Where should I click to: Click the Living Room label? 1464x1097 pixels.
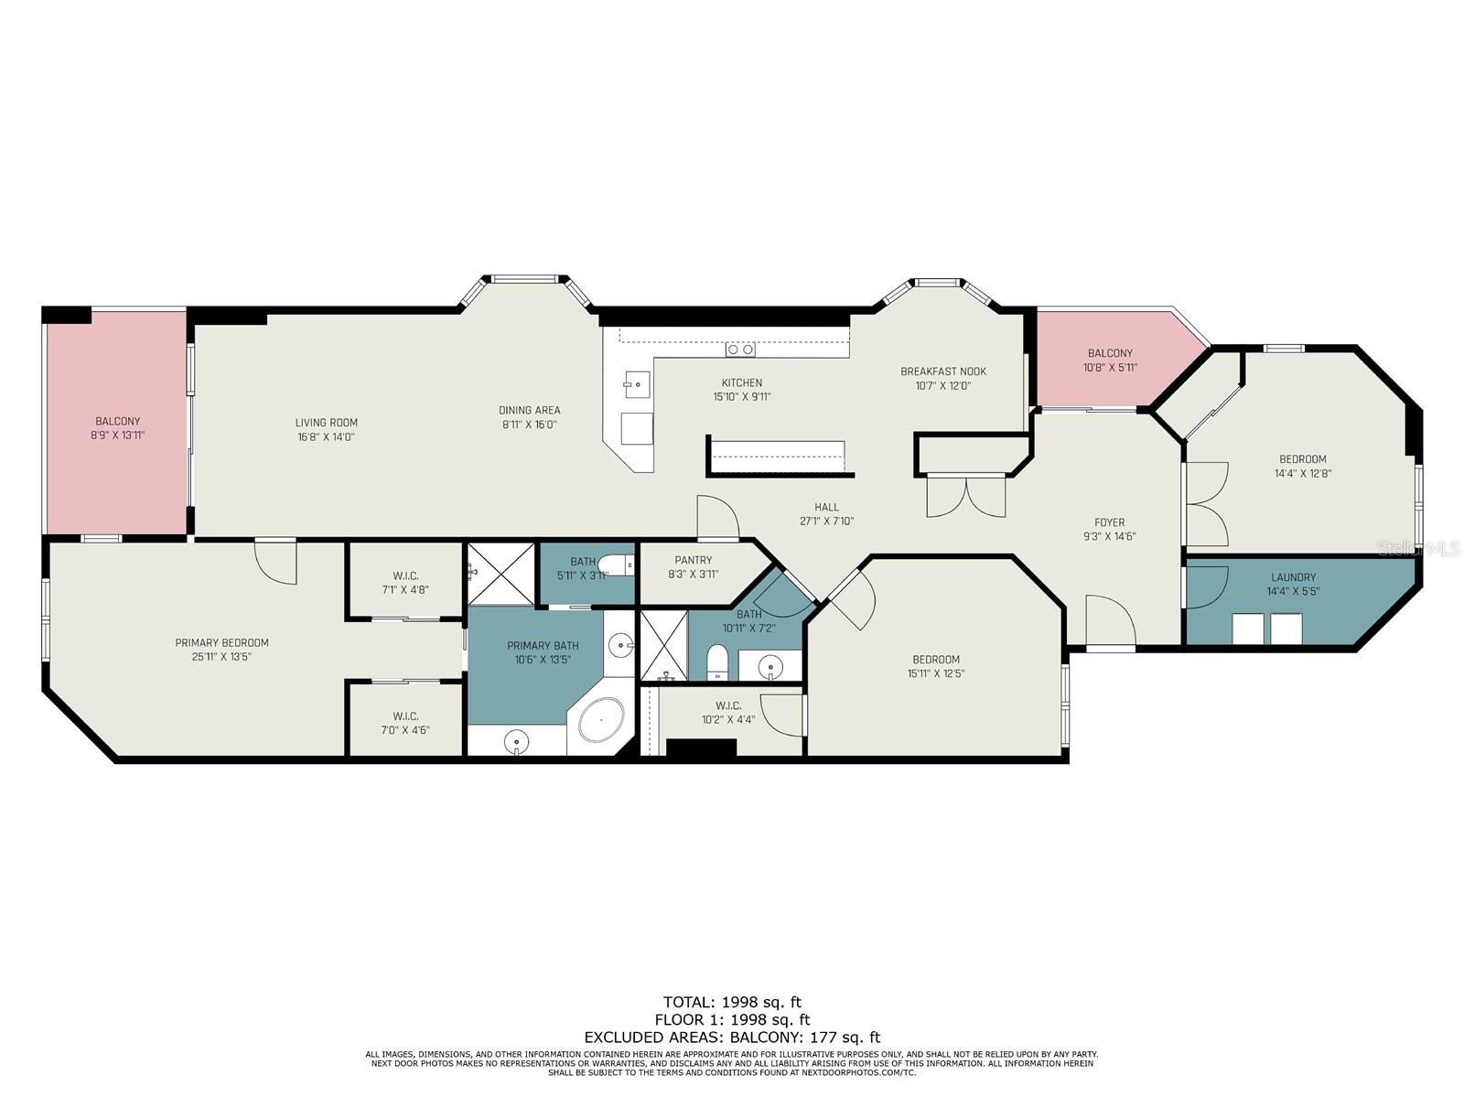pos(326,422)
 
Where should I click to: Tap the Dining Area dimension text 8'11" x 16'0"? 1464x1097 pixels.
pos(529,425)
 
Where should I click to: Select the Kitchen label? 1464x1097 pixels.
pos(742,382)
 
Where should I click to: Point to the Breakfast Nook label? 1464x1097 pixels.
pos(943,371)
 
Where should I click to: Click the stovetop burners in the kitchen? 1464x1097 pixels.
pos(740,350)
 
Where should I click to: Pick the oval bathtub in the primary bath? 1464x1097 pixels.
pos(601,720)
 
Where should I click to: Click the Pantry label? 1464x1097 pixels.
pos(693,560)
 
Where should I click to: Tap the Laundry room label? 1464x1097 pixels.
pos(1293,577)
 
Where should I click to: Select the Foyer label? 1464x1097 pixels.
pos(1109,522)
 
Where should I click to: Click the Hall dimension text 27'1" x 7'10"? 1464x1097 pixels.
pos(826,522)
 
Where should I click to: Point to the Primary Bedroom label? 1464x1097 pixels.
pos(221,643)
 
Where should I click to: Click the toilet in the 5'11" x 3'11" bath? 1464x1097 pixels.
pos(617,565)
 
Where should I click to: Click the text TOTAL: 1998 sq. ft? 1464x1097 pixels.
pos(732,1002)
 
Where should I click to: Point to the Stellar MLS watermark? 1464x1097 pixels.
pos(1418,548)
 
